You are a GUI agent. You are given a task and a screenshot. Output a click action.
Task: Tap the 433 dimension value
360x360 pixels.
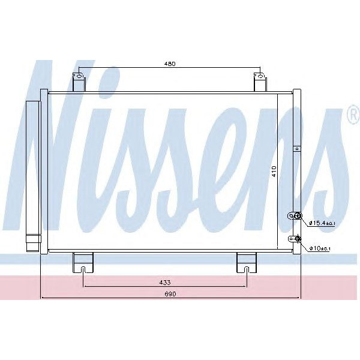[x=164, y=281]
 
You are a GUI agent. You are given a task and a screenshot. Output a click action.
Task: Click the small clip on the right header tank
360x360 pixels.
[x=296, y=148]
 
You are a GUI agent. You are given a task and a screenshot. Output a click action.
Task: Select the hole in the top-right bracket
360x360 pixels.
[x=260, y=76]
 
